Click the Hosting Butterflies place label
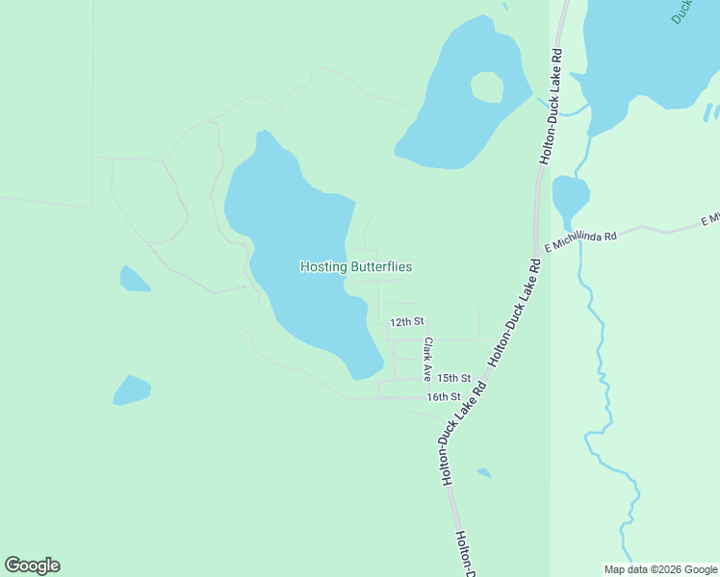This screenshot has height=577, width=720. coord(356,266)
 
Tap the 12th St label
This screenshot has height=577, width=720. coord(406,321)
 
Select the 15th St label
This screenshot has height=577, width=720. coord(453,378)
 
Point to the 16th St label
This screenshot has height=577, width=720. coord(444,396)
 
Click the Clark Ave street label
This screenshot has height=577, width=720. coord(427,359)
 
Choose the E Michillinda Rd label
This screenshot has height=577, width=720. coord(579,241)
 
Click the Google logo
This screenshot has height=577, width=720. coord(32,564)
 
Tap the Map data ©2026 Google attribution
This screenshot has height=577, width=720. coord(659,569)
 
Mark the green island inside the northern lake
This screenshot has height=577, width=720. coord(487,88)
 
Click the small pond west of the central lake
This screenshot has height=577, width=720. coord(133,280)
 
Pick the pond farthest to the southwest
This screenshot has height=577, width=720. coord(132,389)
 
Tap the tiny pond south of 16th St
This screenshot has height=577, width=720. coord(483,472)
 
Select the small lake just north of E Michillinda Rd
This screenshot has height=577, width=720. coord(569,197)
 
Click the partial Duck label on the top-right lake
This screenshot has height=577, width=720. coord(681,12)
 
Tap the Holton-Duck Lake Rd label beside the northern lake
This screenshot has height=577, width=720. coord(551,106)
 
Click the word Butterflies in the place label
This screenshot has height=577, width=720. coord(381,266)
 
